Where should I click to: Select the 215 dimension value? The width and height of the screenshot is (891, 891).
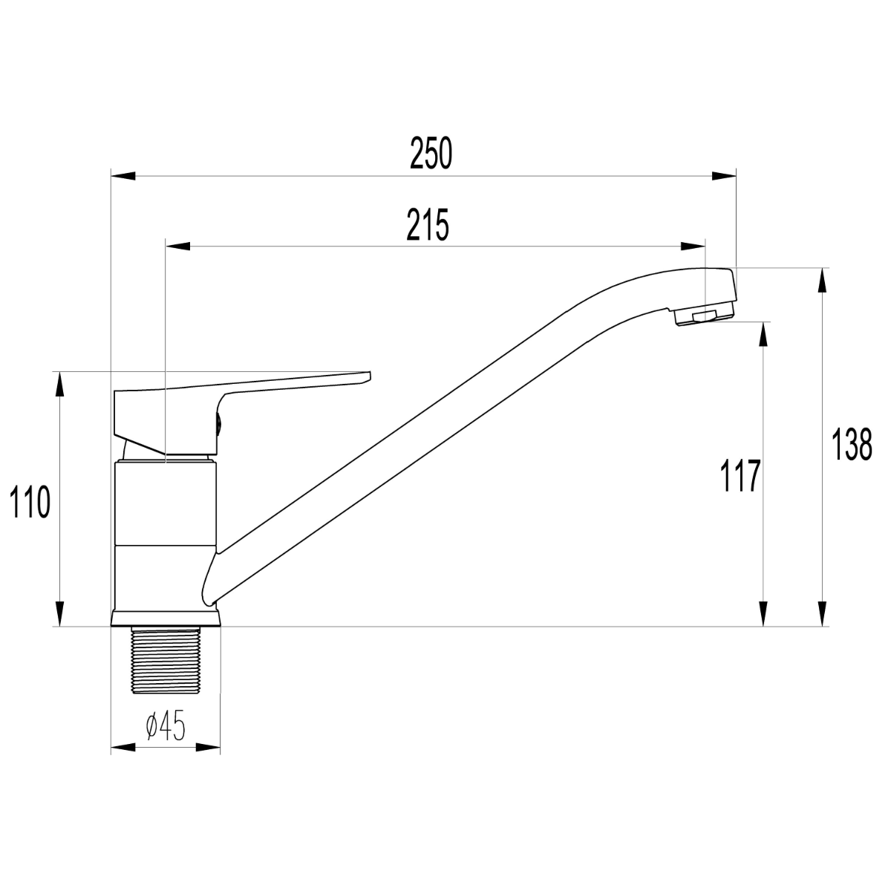[428, 225]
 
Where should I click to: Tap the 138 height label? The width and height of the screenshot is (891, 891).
[852, 445]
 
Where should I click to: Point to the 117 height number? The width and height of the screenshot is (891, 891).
[740, 476]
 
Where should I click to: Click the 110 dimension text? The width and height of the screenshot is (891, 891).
[30, 502]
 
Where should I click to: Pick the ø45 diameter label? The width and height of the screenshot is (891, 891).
[166, 725]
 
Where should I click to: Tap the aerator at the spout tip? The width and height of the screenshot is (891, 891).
[704, 316]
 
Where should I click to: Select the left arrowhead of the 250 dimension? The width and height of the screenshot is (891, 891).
[123, 176]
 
